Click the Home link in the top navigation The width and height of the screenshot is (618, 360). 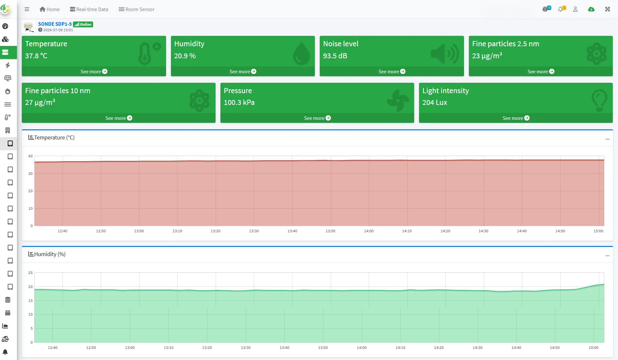pos(49,9)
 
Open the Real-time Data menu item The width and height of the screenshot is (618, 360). pos(89,9)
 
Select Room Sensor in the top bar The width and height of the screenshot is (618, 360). pos(136,9)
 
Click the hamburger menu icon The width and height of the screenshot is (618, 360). pos(27,9)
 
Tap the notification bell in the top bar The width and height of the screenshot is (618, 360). pos(560,9)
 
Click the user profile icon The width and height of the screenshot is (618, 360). pos(575,9)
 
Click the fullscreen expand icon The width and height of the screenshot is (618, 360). pos(608,9)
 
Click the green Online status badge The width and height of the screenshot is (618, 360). pos(83,24)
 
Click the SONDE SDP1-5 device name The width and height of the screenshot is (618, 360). pos(55,24)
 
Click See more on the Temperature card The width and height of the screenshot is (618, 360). pos(94,72)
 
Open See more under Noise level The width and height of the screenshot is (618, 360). pos(392,72)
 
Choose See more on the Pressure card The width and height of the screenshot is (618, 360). pos(317,118)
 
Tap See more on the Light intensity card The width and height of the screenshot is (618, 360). pos(516,118)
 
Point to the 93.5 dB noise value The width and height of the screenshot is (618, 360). pos(335,56)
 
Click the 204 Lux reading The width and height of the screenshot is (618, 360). pos(435,103)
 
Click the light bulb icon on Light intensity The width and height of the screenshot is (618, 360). pos(599,100)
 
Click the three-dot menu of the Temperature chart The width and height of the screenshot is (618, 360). pos(607,139)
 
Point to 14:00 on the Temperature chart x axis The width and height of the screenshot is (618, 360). pos(369,231)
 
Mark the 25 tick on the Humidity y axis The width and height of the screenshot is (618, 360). pos(31,273)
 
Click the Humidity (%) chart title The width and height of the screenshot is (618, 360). pos(47,254)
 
